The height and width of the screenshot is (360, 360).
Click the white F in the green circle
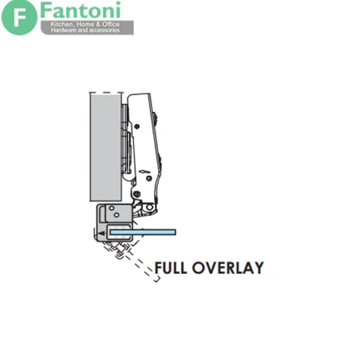[x=20, y=17]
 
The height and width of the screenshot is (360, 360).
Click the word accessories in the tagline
[x=104, y=31]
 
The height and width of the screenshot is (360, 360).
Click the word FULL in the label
[x=171, y=268]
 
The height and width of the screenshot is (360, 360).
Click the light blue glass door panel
[x=143, y=232]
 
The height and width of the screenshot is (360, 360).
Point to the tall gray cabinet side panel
[x=106, y=148]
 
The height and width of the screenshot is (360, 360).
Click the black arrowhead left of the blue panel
[x=100, y=234]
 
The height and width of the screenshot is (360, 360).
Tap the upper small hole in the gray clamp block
[x=112, y=208]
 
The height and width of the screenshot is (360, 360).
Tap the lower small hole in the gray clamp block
[x=116, y=215]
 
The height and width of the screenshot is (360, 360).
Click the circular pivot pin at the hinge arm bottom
[x=149, y=208]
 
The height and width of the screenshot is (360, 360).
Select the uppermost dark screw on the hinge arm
[x=137, y=126]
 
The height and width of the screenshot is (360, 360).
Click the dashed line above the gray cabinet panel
[x=106, y=93]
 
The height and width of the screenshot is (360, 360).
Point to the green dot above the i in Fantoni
[x=118, y=3]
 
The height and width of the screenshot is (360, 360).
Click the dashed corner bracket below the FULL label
[x=157, y=280]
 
